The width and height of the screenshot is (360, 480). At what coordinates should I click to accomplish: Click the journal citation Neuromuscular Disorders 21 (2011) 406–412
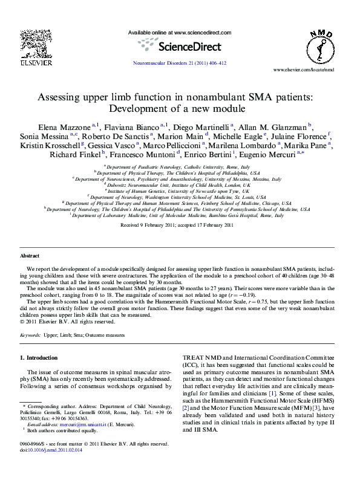click(179, 63)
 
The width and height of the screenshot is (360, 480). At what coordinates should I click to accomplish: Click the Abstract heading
click(30, 256)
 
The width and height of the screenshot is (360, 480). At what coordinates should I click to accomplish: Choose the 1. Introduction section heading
click(39, 358)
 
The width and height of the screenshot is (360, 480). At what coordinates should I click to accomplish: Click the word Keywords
click(31, 334)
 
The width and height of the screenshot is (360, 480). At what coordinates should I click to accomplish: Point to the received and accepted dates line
click(177, 225)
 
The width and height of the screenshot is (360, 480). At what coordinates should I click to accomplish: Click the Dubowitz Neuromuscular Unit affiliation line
click(179, 186)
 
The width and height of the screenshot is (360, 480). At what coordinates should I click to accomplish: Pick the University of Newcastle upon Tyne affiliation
click(179, 190)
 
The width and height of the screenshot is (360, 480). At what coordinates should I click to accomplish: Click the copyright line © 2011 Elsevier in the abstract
click(59, 322)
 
